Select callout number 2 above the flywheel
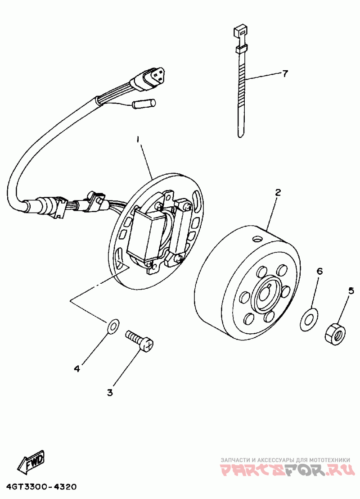(x=278, y=193)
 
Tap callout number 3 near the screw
(x=110, y=393)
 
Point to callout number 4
(x=77, y=368)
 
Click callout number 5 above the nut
(x=351, y=290)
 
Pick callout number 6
(x=319, y=271)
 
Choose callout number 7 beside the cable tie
(x=284, y=74)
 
